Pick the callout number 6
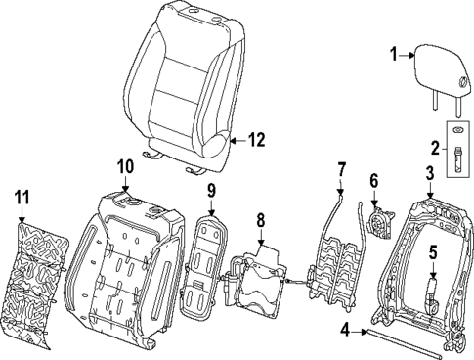[x=372, y=180]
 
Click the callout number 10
[x=125, y=167]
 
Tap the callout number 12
[x=255, y=141]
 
